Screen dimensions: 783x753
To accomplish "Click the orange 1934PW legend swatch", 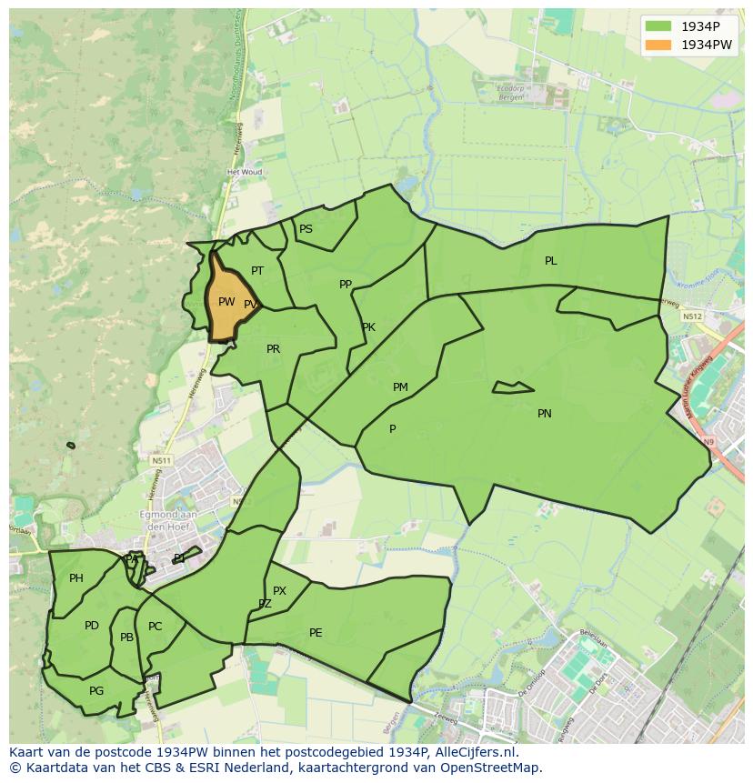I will tap(658, 45).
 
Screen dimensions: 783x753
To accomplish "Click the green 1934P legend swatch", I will tap(658, 26).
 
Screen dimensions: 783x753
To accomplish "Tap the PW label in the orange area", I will tap(226, 302).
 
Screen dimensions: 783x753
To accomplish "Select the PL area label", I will tap(551, 261).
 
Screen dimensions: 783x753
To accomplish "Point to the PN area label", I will tap(545, 414).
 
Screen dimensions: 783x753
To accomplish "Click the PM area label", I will tap(400, 387).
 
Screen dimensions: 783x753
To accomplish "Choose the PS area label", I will tap(306, 229).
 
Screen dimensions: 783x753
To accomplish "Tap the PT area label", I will tap(257, 271).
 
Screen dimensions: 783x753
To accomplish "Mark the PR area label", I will tap(273, 349).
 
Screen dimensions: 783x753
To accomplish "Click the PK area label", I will tap(368, 327).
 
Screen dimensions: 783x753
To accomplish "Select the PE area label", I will tap(316, 633).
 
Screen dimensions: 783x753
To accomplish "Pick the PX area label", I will tap(279, 591).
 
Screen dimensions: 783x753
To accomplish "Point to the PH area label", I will tap(76, 578).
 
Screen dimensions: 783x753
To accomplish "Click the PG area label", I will tap(96, 691).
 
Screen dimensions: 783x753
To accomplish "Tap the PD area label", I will tap(92, 626).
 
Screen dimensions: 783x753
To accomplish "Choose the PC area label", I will tap(155, 627).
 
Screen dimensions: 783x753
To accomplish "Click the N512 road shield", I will tap(691, 316).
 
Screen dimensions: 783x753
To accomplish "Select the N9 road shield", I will tap(708, 442).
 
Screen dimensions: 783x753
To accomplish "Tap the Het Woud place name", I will tap(245, 172).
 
